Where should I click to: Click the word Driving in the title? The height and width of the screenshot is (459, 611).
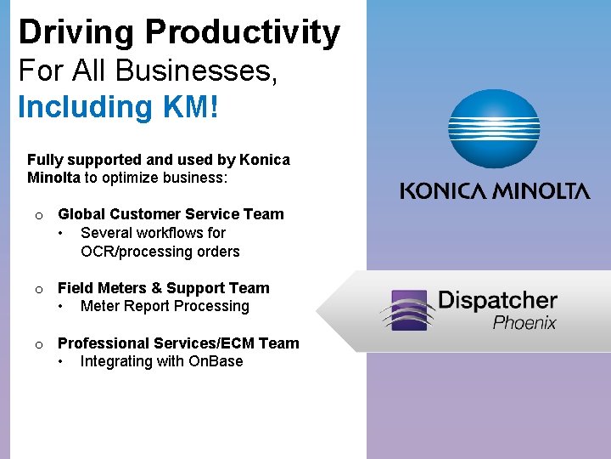(x=77, y=33)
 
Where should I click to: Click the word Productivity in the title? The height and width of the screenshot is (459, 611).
(x=243, y=33)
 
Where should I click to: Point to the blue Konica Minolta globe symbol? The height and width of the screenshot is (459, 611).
(x=494, y=129)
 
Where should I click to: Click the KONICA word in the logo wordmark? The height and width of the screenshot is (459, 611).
(x=446, y=190)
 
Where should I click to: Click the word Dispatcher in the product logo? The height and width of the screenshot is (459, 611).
(x=497, y=301)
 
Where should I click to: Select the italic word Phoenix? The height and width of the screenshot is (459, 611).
(x=524, y=322)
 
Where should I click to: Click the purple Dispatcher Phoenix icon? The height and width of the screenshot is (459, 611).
(x=406, y=309)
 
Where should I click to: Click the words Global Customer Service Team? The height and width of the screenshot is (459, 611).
(x=171, y=214)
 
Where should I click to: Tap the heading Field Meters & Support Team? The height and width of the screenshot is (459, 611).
(x=163, y=288)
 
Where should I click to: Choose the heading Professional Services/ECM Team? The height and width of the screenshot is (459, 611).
(x=178, y=343)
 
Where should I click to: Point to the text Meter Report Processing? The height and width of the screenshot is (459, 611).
(x=165, y=306)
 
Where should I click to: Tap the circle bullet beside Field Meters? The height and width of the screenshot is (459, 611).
(x=39, y=290)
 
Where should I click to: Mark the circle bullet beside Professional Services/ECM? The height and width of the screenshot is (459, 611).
(x=39, y=345)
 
